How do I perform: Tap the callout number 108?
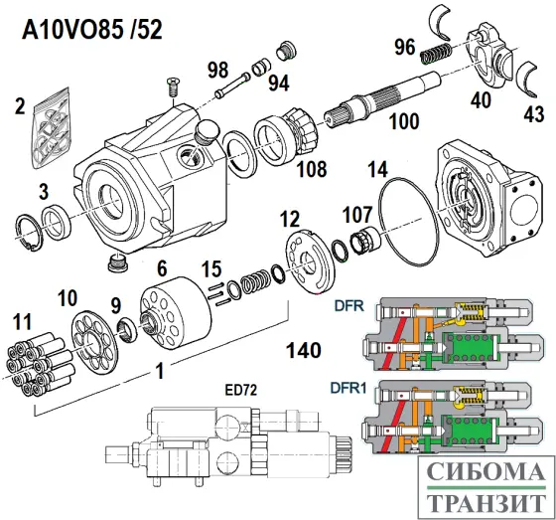[x=311, y=169]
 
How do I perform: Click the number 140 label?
[x=302, y=350]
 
